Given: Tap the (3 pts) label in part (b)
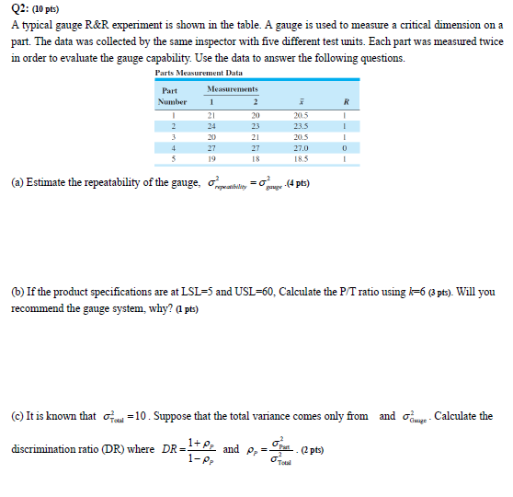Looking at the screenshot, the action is point(443,293).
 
